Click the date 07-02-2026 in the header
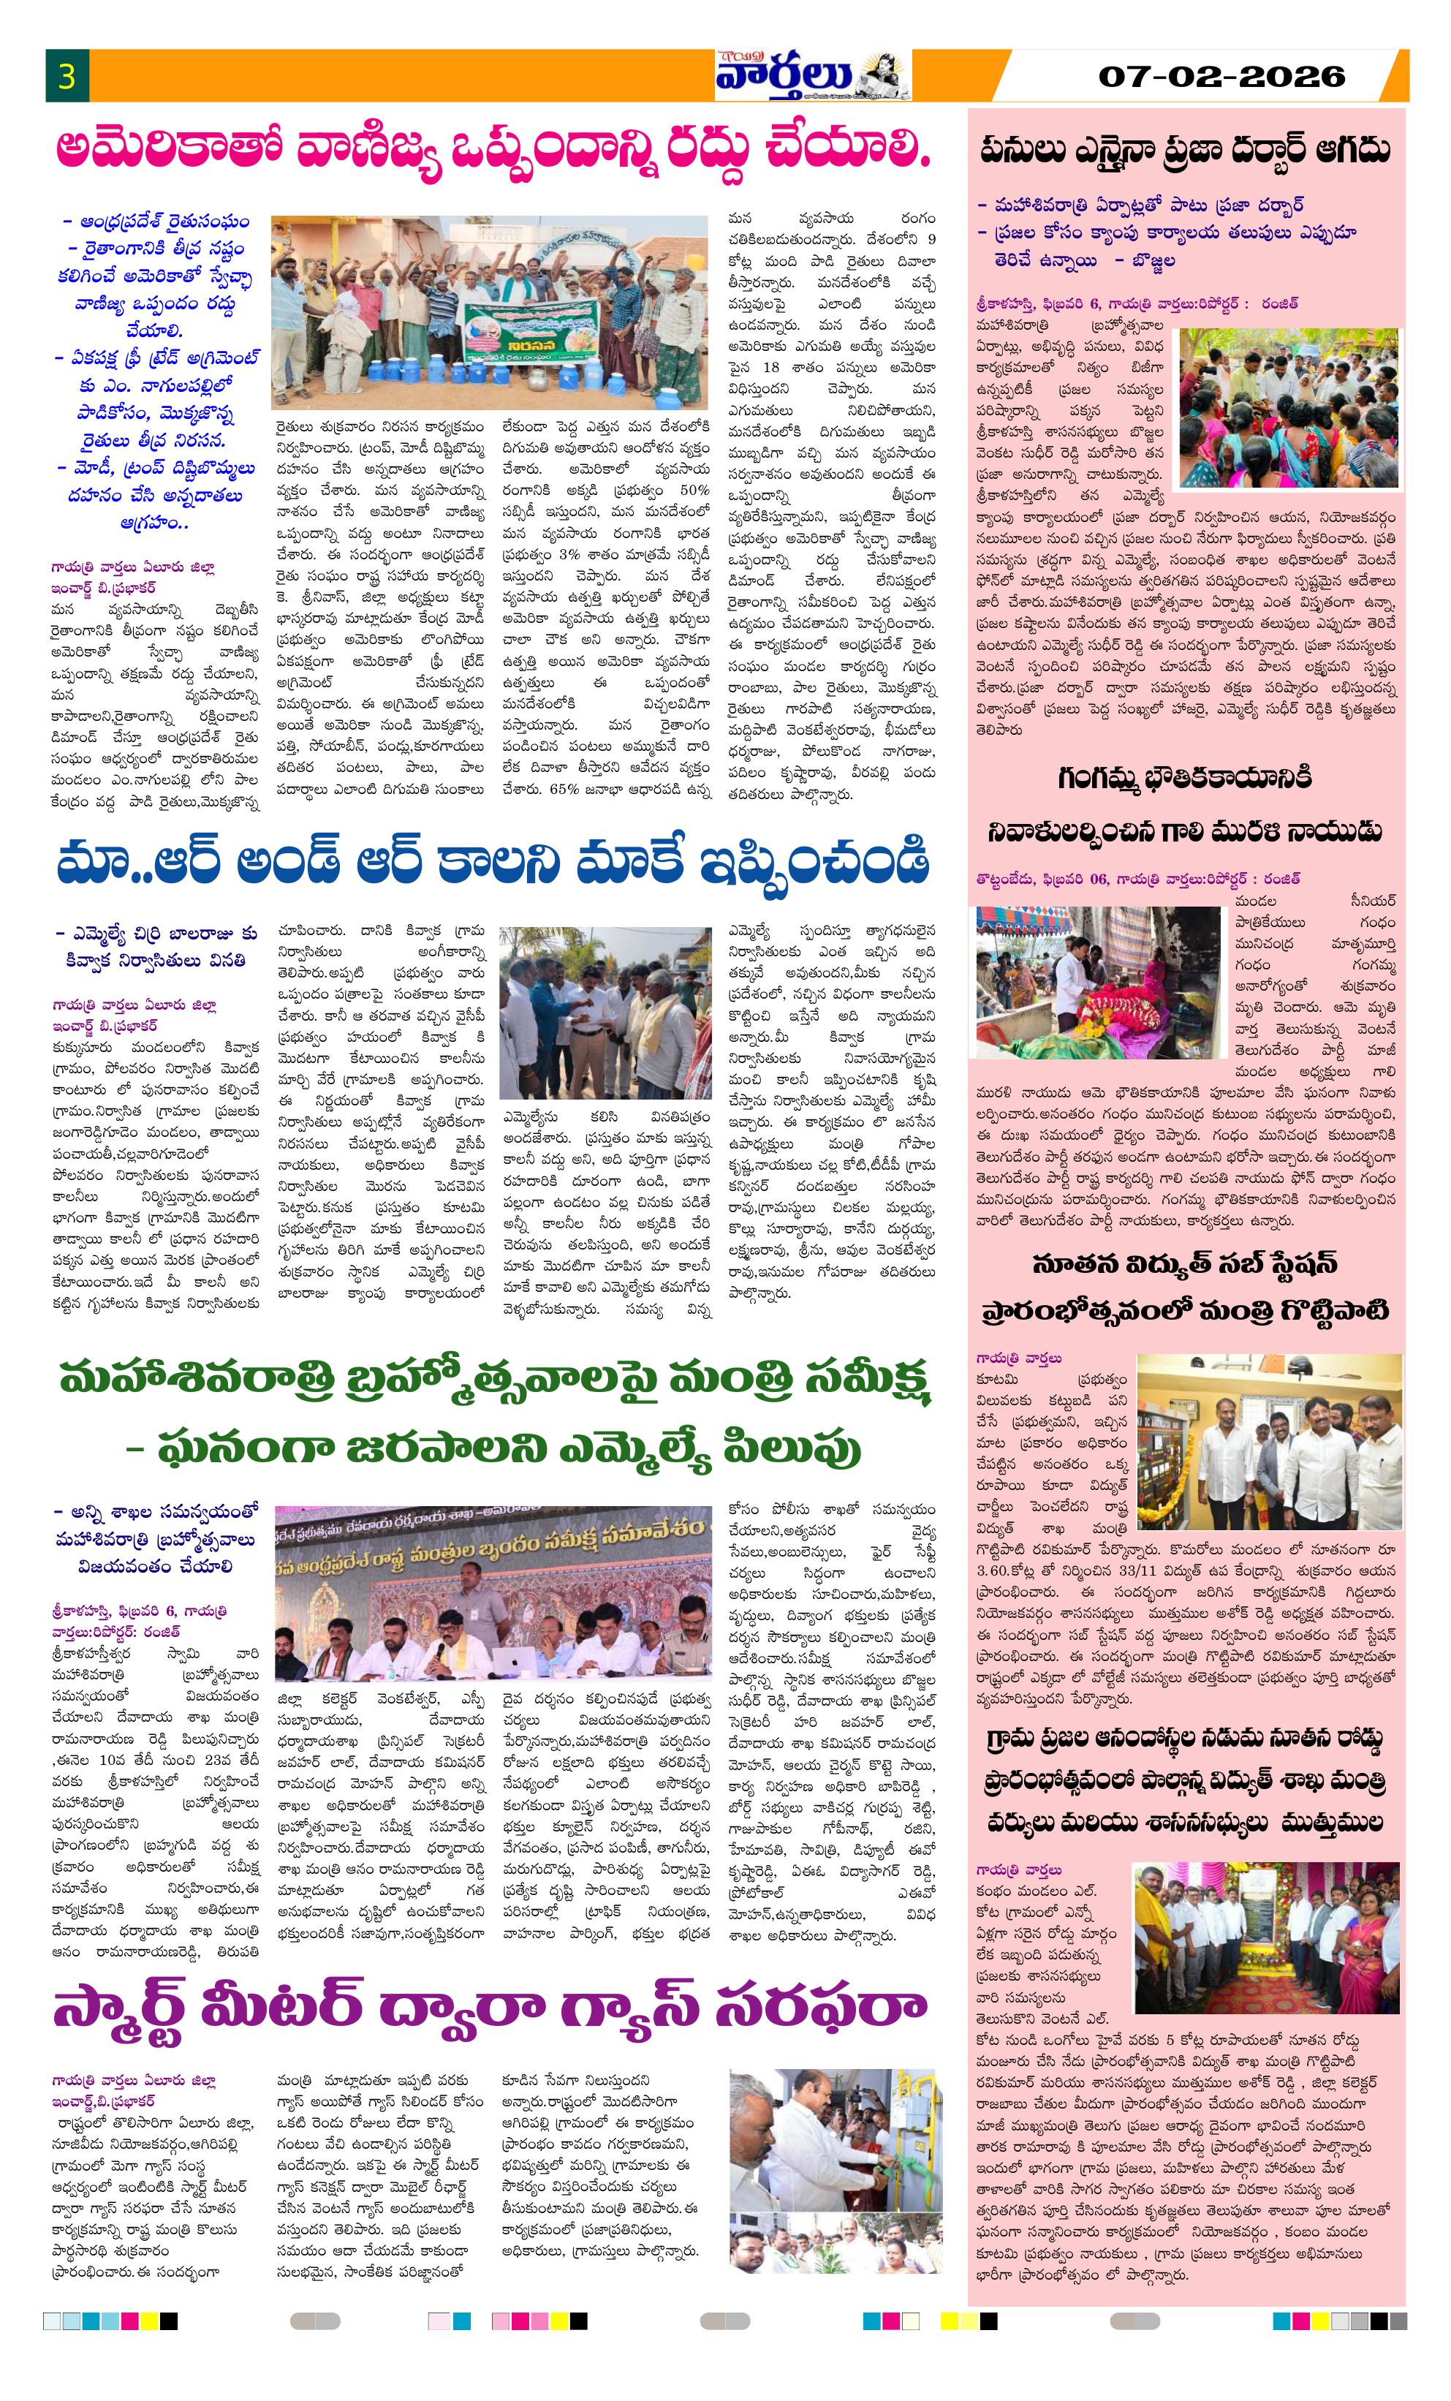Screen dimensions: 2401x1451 pos(1221,76)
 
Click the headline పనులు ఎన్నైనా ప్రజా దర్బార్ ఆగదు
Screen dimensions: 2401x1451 pos(1185,150)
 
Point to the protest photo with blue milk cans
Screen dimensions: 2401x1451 pos(489,311)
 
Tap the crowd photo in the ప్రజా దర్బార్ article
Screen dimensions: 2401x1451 pos(1288,407)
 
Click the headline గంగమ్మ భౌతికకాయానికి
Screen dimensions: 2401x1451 pos(1185,778)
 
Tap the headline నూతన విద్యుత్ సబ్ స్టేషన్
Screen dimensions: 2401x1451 pos(1185,1265)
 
